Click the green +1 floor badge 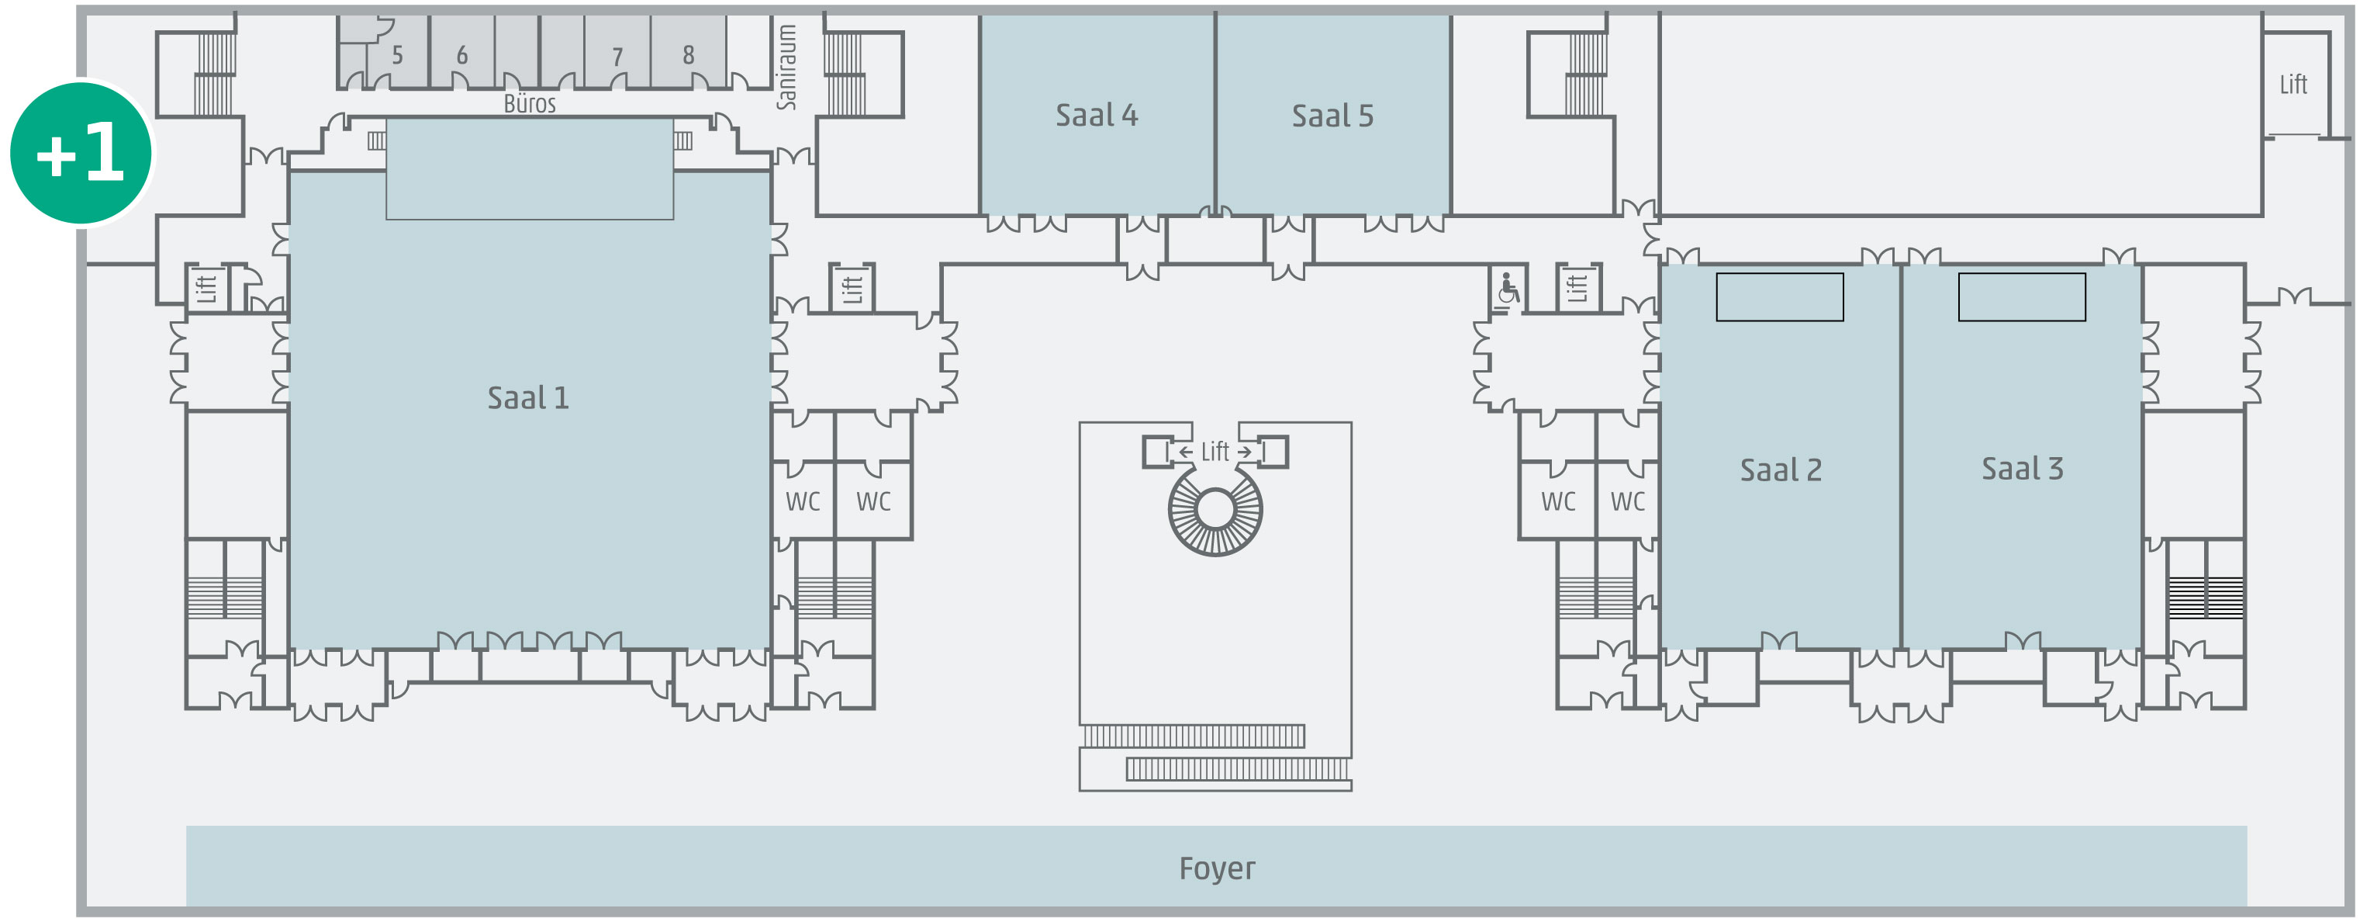[x=81, y=153]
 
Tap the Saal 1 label [x=527, y=398]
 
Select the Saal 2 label [x=1780, y=470]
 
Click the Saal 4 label [x=1096, y=116]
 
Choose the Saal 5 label [x=1332, y=116]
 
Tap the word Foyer [x=1217, y=868]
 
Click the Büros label [x=530, y=103]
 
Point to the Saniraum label [x=786, y=67]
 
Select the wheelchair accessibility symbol [x=1507, y=289]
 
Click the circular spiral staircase [x=1215, y=511]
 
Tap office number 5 [x=396, y=56]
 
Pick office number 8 [x=688, y=56]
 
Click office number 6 [x=461, y=56]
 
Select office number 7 [x=617, y=57]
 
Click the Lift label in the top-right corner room [x=2293, y=85]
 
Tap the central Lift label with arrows [x=1215, y=452]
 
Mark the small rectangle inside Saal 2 [x=1779, y=297]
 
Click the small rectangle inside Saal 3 [x=2021, y=297]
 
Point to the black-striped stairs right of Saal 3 [x=2205, y=597]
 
